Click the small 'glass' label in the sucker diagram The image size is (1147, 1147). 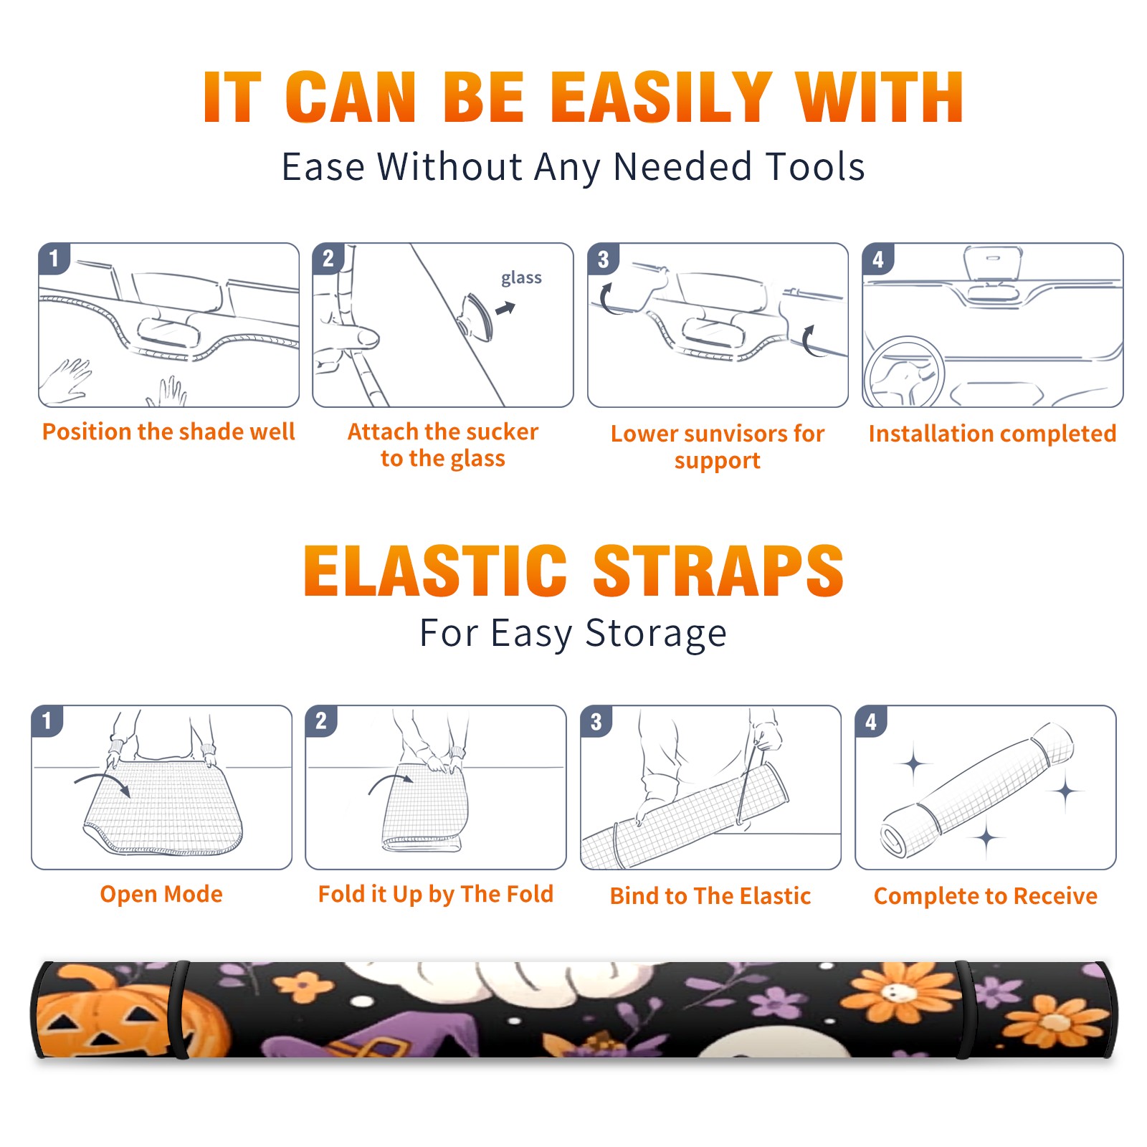pos(521,278)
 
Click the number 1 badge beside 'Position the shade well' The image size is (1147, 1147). pos(54,258)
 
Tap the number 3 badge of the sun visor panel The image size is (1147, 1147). pos(603,259)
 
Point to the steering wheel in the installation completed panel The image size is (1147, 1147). pos(903,373)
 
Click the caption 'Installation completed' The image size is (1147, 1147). pos(992,433)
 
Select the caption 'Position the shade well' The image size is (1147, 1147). pos(168,432)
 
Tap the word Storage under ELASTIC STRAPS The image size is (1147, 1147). pos(656,634)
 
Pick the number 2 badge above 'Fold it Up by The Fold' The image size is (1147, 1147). pos(321,720)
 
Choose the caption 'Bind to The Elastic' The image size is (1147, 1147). pos(710,896)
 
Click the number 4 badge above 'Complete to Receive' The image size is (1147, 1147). pos(871,721)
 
